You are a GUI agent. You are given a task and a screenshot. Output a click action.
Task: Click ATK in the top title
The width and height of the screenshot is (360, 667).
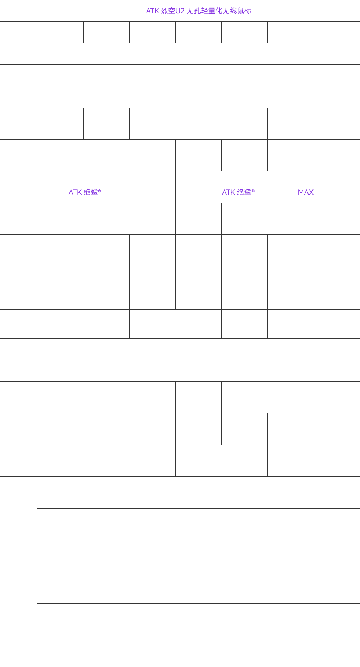pos(152,11)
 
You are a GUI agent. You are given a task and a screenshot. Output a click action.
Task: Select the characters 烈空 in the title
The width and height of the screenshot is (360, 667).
pos(168,11)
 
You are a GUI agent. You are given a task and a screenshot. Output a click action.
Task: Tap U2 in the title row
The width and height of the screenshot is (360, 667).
pos(180,11)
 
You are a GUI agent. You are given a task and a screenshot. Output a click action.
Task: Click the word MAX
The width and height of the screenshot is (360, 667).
pos(306,192)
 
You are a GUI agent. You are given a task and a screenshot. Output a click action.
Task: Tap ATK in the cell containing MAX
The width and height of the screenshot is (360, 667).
pos(229,192)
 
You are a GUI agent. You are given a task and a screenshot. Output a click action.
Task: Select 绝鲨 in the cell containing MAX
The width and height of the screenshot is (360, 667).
pos(244,192)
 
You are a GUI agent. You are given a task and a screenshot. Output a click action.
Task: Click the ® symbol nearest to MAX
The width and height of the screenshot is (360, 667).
pos(253,191)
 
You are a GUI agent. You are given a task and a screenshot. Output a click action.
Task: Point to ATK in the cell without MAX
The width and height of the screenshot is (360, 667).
pos(75,192)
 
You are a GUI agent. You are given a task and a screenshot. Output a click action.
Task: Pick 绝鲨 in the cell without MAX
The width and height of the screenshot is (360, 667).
pos(91,192)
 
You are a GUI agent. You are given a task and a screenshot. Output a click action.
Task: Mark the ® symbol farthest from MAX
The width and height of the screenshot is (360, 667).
pos(99,191)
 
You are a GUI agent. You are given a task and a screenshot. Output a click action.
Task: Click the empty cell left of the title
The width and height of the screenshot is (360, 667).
pos(19,11)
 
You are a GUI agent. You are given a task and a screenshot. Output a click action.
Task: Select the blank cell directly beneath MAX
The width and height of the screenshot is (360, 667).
pos(291,219)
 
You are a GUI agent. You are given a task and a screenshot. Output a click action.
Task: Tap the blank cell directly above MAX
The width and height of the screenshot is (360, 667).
pos(314,155)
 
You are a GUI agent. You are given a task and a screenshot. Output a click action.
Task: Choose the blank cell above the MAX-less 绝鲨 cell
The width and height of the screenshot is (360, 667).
pos(106,155)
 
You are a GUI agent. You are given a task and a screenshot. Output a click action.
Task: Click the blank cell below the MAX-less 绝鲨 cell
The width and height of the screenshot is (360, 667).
pos(106,219)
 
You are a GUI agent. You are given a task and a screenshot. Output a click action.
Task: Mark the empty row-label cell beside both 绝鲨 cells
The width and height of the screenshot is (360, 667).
pos(19,187)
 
